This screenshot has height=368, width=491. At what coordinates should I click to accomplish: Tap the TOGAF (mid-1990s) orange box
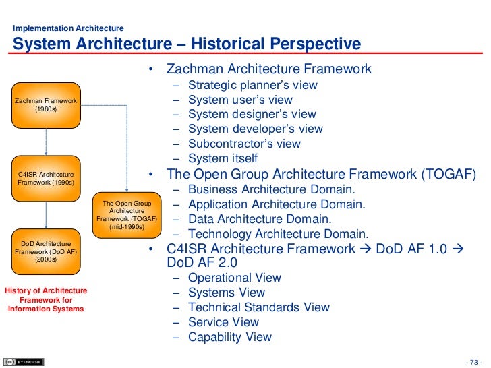tap(127, 215)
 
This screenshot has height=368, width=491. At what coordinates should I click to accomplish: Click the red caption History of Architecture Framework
tap(46, 300)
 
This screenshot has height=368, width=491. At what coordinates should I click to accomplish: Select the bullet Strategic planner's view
tap(252, 86)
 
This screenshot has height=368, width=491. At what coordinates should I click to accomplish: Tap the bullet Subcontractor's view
tap(244, 144)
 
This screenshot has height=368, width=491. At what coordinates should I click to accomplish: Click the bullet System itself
tap(223, 159)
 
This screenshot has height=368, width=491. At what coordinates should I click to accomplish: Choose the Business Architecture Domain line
tap(271, 189)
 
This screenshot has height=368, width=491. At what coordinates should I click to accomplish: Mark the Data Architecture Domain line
tap(260, 219)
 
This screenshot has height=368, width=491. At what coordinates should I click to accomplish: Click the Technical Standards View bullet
tap(259, 307)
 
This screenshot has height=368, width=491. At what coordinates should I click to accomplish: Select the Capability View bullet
tap(230, 337)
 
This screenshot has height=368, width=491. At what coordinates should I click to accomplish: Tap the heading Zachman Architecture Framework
tap(268, 69)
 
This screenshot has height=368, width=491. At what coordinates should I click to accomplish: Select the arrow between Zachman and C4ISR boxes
tap(46, 142)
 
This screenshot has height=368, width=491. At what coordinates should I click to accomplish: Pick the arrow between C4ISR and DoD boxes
tap(46, 215)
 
